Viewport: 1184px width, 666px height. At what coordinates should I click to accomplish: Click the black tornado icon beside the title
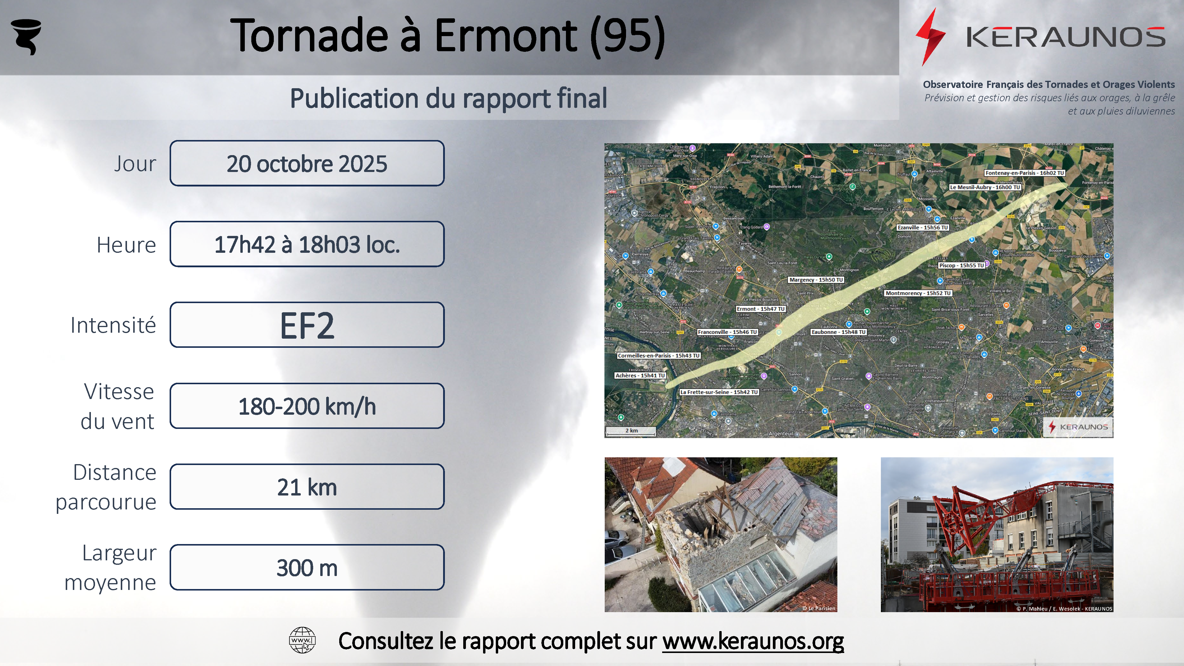tap(26, 36)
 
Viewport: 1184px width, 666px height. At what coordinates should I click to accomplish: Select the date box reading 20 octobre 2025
tap(307, 164)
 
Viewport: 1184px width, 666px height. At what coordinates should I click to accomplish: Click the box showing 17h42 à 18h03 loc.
tap(307, 244)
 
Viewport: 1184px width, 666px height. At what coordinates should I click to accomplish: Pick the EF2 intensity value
tap(307, 325)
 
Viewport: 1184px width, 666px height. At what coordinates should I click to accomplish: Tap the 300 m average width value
tap(307, 568)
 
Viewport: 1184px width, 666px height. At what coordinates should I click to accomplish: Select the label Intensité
tap(113, 325)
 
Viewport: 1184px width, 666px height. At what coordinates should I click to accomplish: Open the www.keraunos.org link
tap(753, 641)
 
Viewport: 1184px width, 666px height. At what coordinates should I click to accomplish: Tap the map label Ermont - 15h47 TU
tap(761, 309)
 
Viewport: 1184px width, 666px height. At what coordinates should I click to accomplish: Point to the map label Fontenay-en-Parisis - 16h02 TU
tap(1024, 173)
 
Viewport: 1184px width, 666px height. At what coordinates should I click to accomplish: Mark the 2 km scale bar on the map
tap(630, 432)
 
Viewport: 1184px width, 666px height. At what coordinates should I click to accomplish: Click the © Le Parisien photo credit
tap(819, 608)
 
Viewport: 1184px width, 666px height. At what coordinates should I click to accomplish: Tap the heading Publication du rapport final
tap(448, 98)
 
